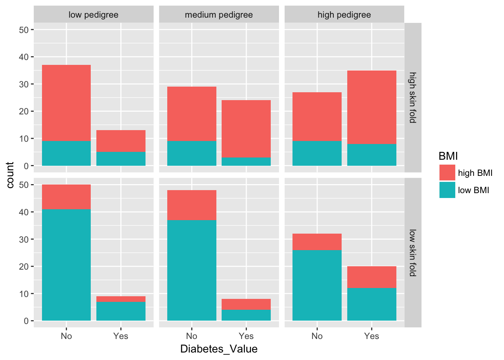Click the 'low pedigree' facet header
[93, 15]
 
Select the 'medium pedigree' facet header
[219, 15]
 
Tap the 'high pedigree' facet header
[344, 15]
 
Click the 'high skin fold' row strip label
[412, 97]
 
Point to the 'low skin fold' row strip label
[412, 253]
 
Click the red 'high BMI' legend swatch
[447, 173]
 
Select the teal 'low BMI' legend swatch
[447, 190]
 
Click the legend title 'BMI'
[448, 156]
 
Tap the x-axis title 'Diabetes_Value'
[219, 349]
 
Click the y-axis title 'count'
[10, 175]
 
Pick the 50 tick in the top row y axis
[24, 30]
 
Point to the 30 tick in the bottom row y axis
[24, 239]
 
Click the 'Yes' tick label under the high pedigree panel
[371, 336]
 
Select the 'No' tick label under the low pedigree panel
[66, 336]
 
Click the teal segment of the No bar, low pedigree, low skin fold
[66, 265]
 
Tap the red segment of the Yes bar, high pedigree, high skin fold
[372, 107]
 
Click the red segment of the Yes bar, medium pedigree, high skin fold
[246, 129]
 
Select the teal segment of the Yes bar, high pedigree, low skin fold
[372, 304]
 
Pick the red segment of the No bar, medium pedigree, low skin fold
[192, 205]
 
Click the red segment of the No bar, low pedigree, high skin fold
[66, 103]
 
